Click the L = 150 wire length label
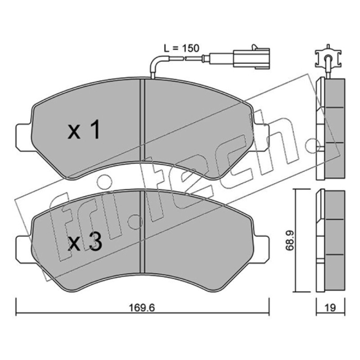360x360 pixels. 181,48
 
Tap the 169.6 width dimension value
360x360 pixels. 142,308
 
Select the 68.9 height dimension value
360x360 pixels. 289,240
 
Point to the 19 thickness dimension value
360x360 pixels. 331,308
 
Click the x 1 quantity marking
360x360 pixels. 84,130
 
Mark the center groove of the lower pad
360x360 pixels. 143,232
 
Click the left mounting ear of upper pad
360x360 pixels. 23,137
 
